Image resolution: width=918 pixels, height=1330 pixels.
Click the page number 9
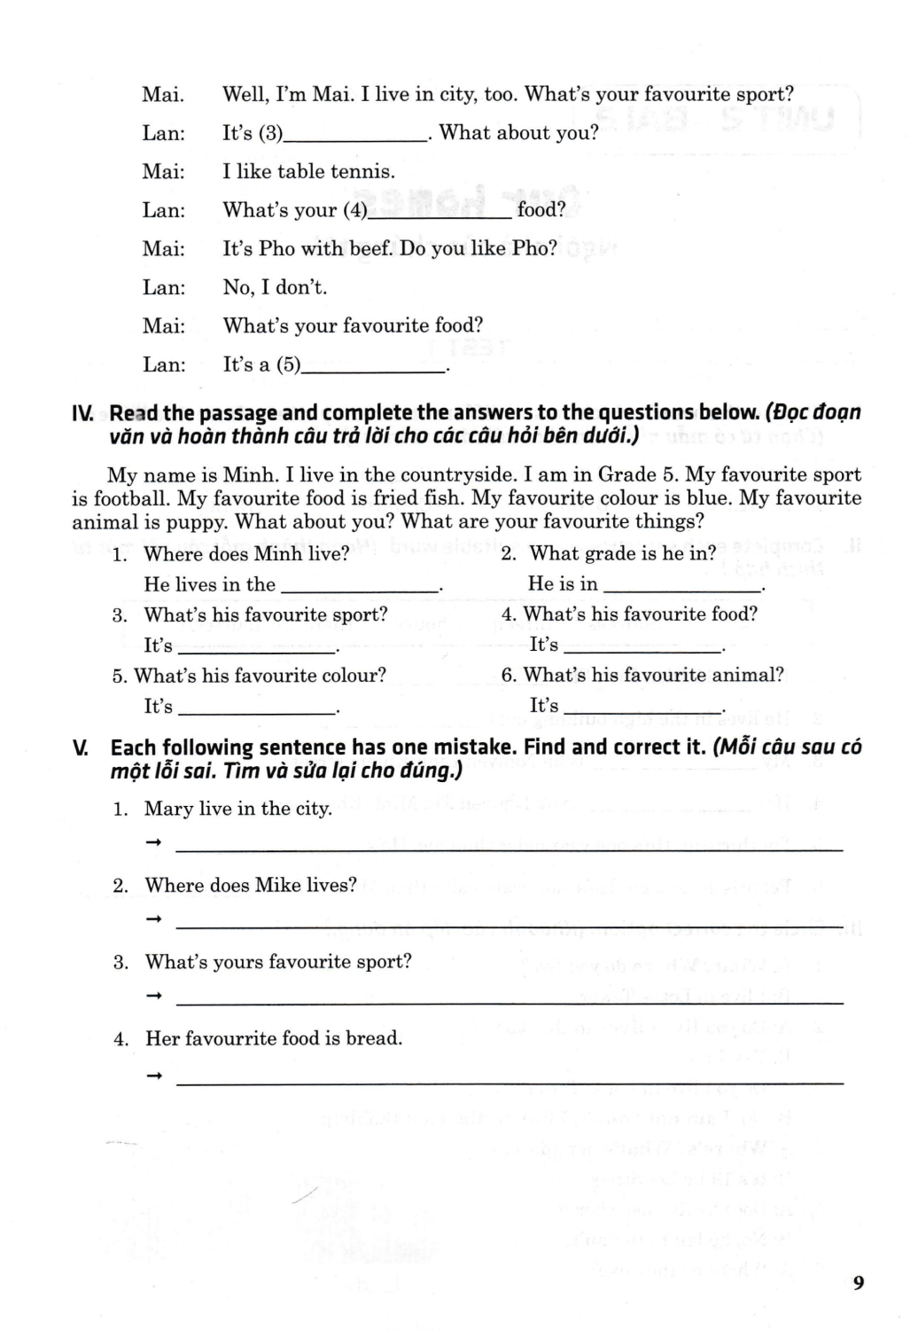pyautogui.click(x=858, y=1282)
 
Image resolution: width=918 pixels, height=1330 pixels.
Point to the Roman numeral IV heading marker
pyautogui.click(x=82, y=413)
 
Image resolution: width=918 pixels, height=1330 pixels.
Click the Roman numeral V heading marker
pyautogui.click(x=81, y=748)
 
